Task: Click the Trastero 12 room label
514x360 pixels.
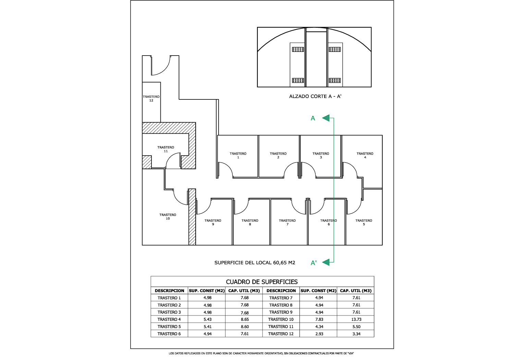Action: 151,98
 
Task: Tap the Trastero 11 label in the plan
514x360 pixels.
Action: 166,149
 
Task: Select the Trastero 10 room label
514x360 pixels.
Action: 168,217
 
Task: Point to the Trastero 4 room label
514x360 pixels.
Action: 365,155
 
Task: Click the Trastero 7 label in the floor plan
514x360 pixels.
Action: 287,222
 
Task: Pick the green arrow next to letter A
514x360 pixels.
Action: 326,118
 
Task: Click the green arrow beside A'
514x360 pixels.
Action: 326,262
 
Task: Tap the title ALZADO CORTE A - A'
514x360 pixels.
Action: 315,96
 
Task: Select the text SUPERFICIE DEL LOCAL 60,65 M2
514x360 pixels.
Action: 255,263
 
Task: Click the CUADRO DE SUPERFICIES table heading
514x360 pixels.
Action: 262,282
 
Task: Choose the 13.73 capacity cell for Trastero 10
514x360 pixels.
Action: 356,319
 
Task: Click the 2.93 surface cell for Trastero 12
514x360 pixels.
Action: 319,334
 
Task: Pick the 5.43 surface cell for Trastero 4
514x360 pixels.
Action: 207,319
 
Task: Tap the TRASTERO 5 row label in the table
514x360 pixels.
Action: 169,326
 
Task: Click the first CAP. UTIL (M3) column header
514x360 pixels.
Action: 244,291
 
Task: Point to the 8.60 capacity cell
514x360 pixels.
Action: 245,326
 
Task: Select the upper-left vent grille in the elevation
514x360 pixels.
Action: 298,49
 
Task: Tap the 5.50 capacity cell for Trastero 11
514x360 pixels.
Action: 356,326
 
